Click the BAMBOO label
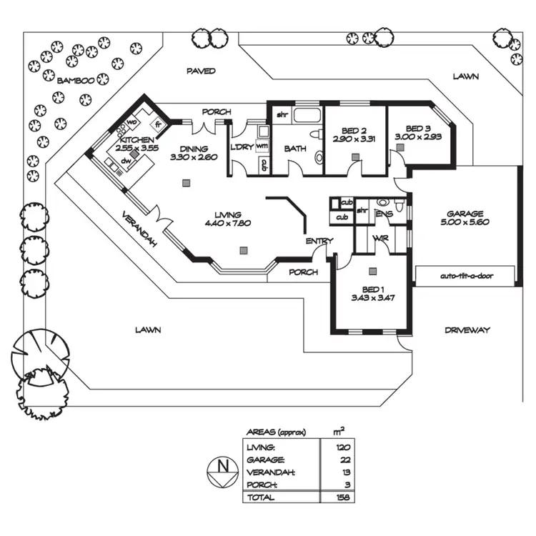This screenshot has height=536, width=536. click(x=76, y=80)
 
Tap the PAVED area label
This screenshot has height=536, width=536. click(x=201, y=71)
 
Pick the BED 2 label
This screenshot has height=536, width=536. click(x=354, y=131)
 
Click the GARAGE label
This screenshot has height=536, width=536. click(x=465, y=213)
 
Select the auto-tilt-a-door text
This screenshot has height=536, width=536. click(x=467, y=275)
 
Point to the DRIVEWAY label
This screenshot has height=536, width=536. click(x=467, y=330)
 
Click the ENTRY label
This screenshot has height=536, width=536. click(x=319, y=241)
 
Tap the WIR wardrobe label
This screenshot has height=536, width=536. click(x=379, y=237)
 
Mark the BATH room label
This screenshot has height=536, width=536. click(x=295, y=149)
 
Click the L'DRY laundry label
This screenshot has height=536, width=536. click(x=239, y=147)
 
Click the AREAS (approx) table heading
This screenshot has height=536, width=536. click(x=276, y=432)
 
